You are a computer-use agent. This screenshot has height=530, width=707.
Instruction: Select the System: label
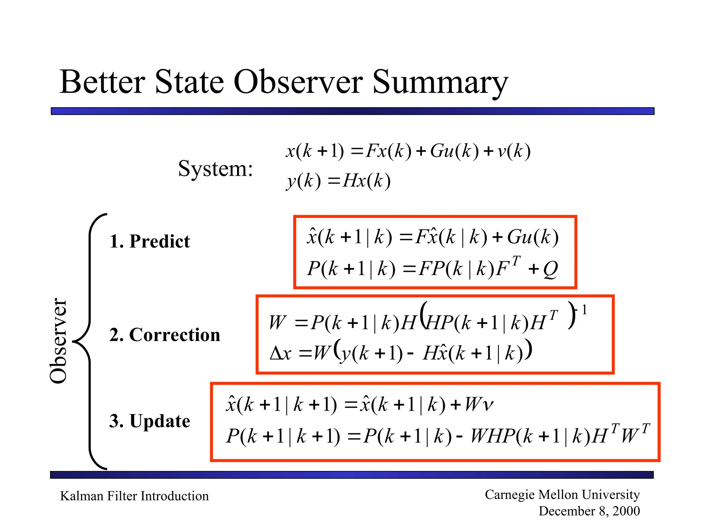[x=215, y=169]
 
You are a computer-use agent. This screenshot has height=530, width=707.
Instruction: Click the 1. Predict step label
[x=149, y=241]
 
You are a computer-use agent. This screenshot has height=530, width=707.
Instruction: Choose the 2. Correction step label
[x=165, y=335]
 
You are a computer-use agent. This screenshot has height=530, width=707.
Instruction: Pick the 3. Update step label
[x=149, y=421]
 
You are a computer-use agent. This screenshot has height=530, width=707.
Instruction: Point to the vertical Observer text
[x=58, y=341]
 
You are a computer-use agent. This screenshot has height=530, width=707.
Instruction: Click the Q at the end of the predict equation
[x=550, y=269]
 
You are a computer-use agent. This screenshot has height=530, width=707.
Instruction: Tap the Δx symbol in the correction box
[x=280, y=353]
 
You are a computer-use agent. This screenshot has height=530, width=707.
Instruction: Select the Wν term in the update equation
[x=478, y=404]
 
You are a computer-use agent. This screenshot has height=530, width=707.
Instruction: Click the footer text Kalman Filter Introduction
[x=134, y=496]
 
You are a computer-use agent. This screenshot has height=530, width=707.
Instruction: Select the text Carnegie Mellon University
[x=562, y=494]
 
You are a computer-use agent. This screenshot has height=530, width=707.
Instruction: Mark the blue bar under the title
[x=352, y=111]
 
